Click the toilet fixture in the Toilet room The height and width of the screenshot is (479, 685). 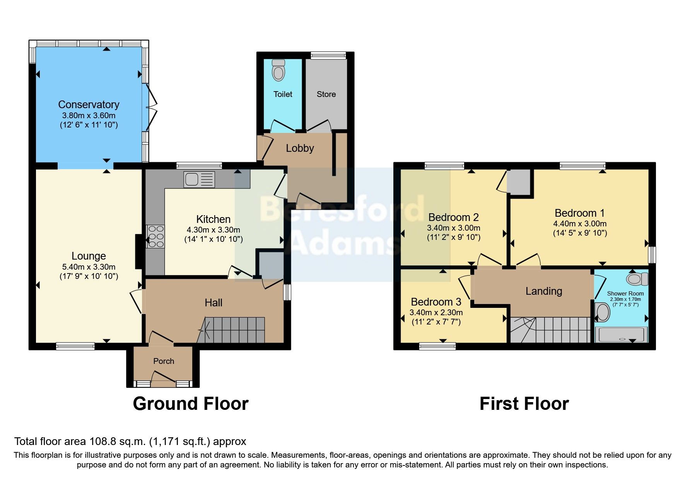click(278, 70)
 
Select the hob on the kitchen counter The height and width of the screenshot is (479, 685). click(155, 236)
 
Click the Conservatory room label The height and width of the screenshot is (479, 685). click(89, 105)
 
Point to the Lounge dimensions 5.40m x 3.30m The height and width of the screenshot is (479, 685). click(89, 267)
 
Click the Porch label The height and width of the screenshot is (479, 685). click(164, 361)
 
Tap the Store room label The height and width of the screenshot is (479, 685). click(326, 94)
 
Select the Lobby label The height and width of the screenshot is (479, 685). click(300, 148)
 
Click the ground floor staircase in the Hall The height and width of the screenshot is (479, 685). click(234, 330)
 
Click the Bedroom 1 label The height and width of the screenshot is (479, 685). click(579, 213)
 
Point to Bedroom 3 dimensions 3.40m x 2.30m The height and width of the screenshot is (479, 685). click(436, 313)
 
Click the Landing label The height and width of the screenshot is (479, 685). click(543, 291)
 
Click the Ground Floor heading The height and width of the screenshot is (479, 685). click(190, 404)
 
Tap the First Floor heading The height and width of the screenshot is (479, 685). click(524, 404)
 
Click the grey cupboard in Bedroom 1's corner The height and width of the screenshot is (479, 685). click(519, 182)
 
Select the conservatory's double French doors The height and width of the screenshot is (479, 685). click(151, 108)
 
